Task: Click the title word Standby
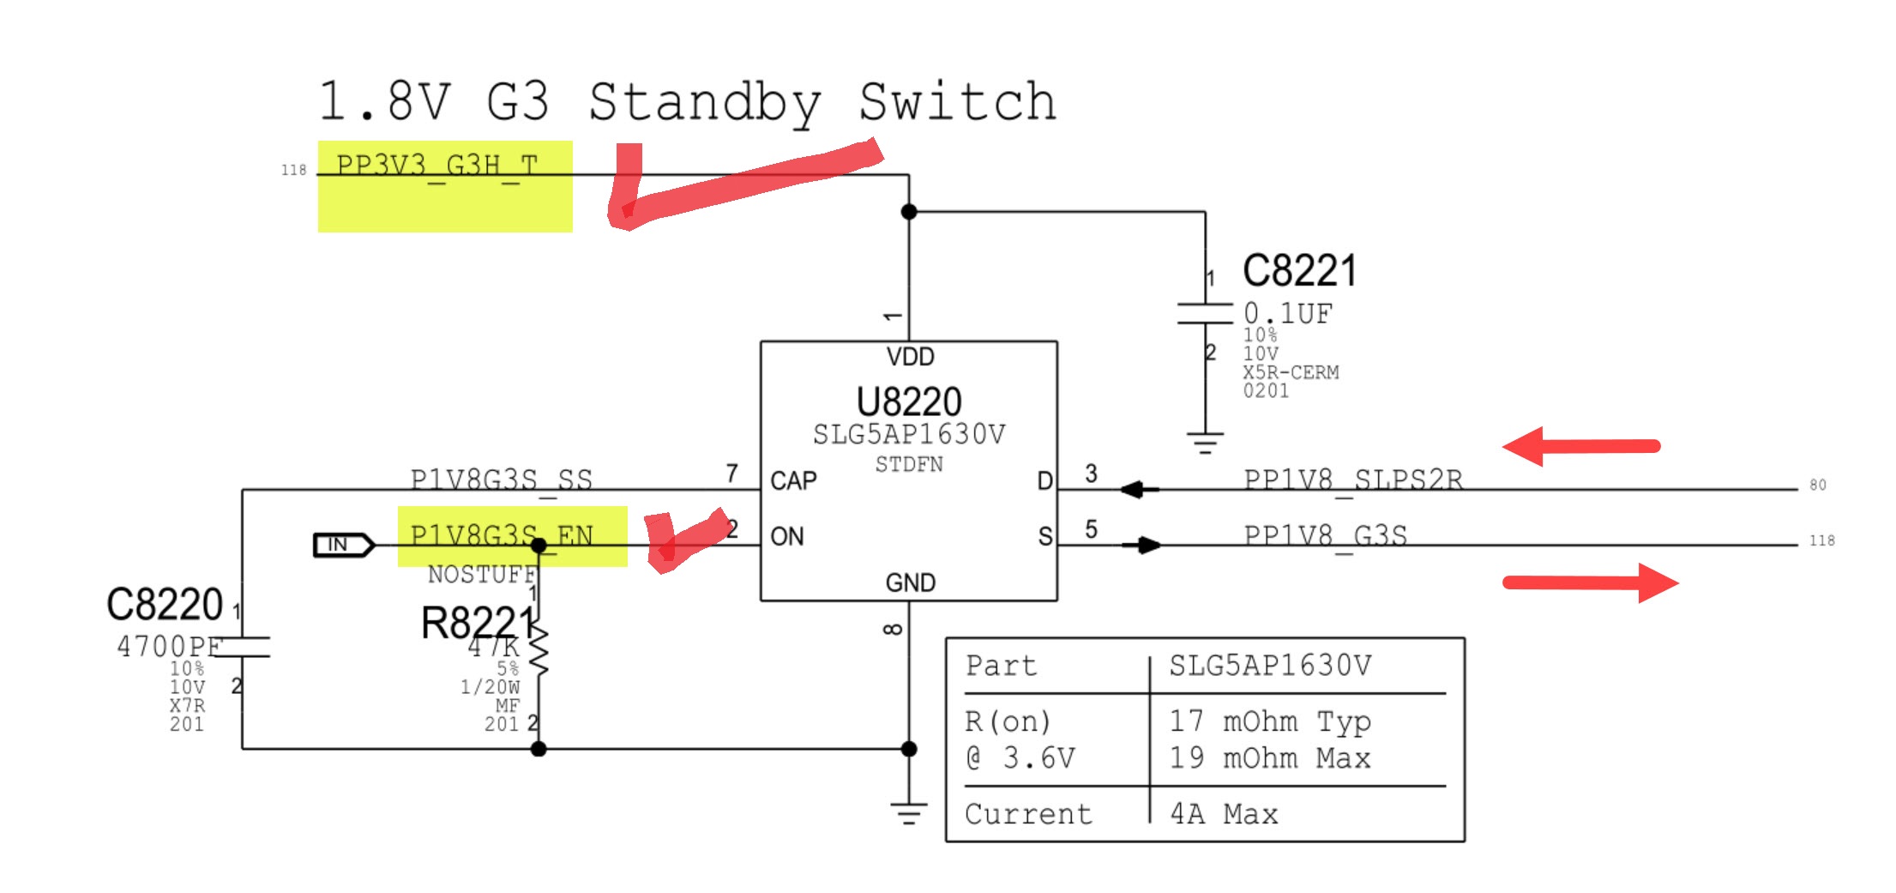pyautogui.click(x=704, y=103)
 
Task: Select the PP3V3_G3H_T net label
pyautogui.click(x=437, y=165)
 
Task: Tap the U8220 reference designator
pyautogui.click(x=909, y=401)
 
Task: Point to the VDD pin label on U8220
pyautogui.click(x=910, y=357)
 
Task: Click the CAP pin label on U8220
pyautogui.click(x=793, y=480)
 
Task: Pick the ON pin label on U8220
pyautogui.click(x=787, y=537)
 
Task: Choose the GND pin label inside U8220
pyautogui.click(x=910, y=583)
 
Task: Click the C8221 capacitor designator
pyautogui.click(x=1299, y=271)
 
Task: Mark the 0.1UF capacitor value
pyautogui.click(x=1288, y=314)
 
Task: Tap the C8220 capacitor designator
pyautogui.click(x=165, y=605)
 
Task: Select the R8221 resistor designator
pyautogui.click(x=477, y=623)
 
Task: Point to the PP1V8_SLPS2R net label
pyautogui.click(x=1353, y=480)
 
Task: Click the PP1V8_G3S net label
pyautogui.click(x=1325, y=536)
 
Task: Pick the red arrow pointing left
pyautogui.click(x=1580, y=446)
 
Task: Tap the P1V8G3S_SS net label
pyautogui.click(x=501, y=480)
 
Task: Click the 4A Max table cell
pyautogui.click(x=1224, y=814)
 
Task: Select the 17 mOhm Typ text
pyautogui.click(x=1270, y=721)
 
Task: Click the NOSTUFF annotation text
pyautogui.click(x=481, y=574)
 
